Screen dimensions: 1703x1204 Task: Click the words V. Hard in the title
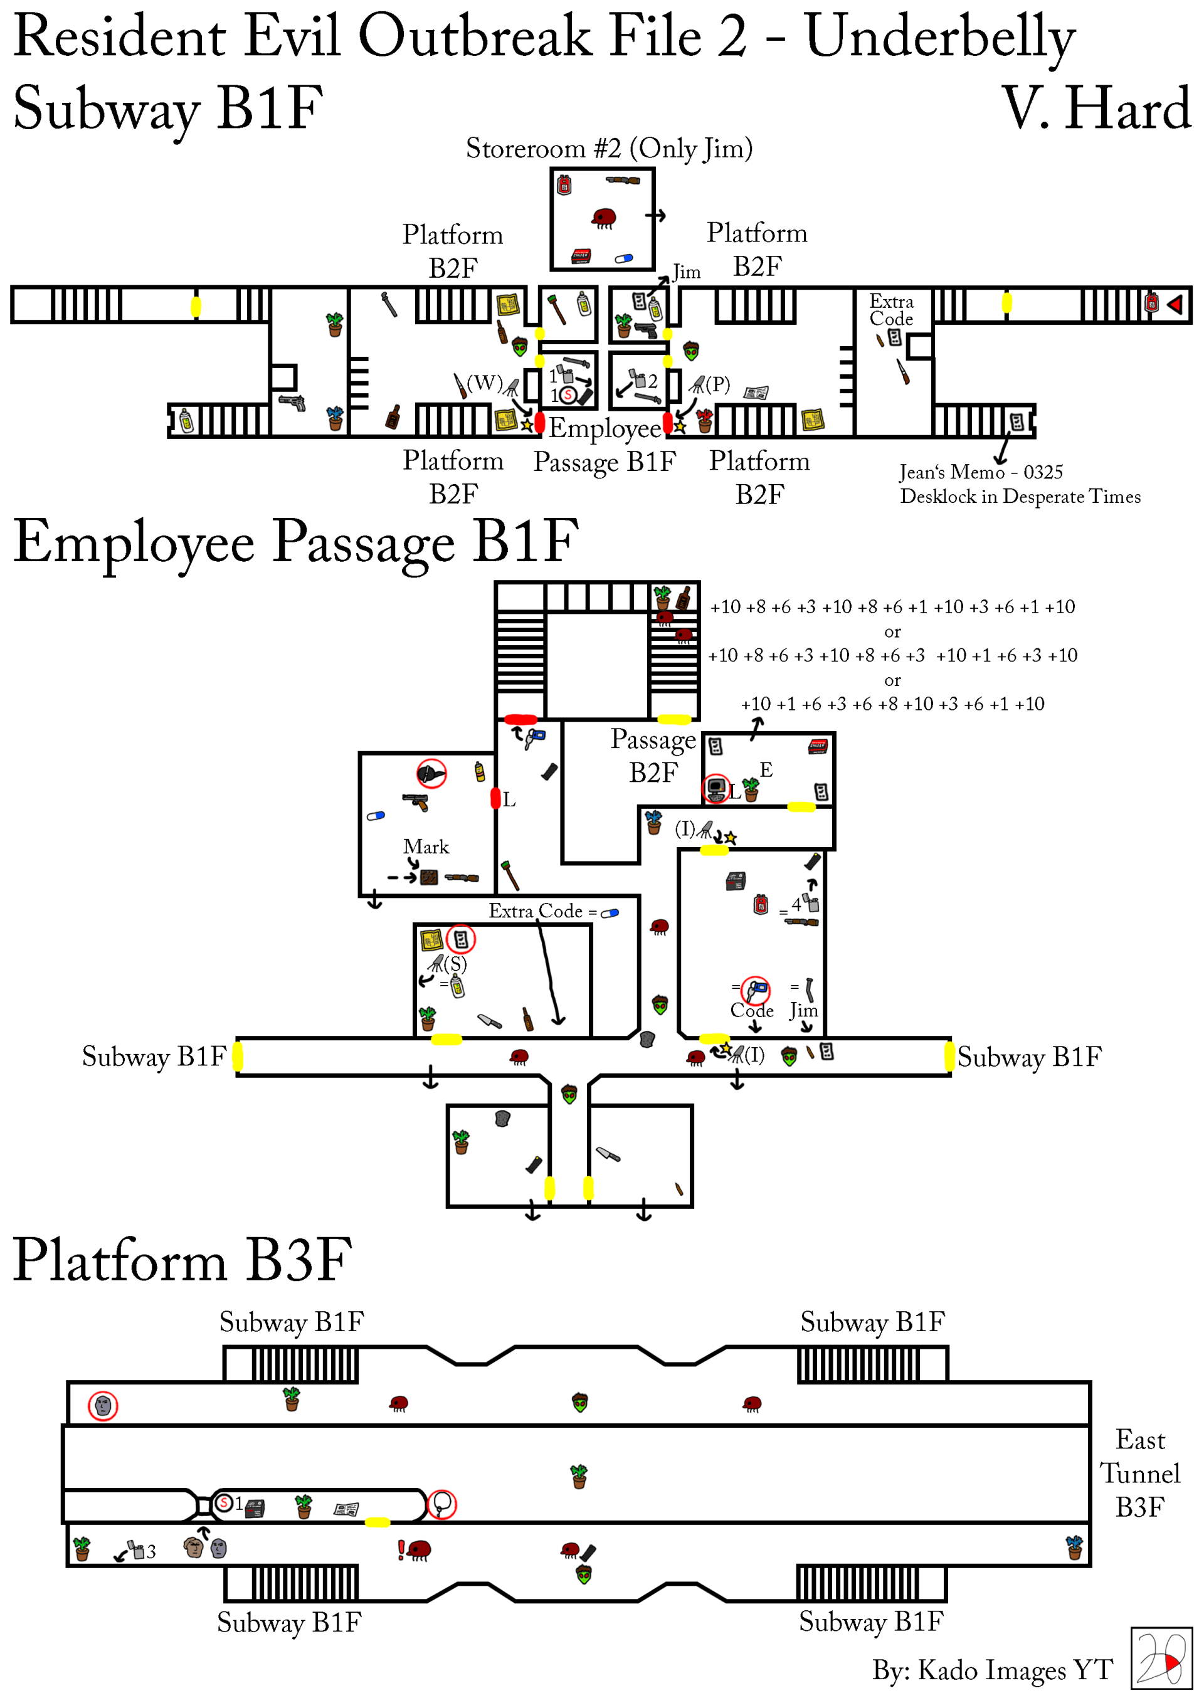click(x=1096, y=109)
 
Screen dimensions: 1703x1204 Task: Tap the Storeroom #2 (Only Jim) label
click(x=609, y=149)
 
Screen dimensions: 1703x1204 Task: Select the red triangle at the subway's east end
click(x=1175, y=304)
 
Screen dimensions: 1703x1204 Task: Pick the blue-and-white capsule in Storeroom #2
click(x=624, y=259)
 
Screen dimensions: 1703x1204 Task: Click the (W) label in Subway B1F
click(x=484, y=382)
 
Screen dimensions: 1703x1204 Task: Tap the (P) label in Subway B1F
click(x=717, y=384)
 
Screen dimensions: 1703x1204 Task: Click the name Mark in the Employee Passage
click(x=426, y=846)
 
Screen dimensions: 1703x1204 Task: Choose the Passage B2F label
click(x=653, y=756)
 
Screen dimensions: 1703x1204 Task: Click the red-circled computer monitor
click(x=716, y=788)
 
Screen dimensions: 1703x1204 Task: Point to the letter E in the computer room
click(x=766, y=770)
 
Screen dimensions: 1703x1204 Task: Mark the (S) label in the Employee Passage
click(x=455, y=964)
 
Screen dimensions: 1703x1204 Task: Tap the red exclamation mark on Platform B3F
click(x=401, y=1549)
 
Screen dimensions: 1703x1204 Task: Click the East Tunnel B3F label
click(x=1139, y=1473)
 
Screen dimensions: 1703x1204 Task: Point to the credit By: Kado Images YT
click(x=992, y=1670)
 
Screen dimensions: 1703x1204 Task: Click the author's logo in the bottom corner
click(x=1160, y=1658)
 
